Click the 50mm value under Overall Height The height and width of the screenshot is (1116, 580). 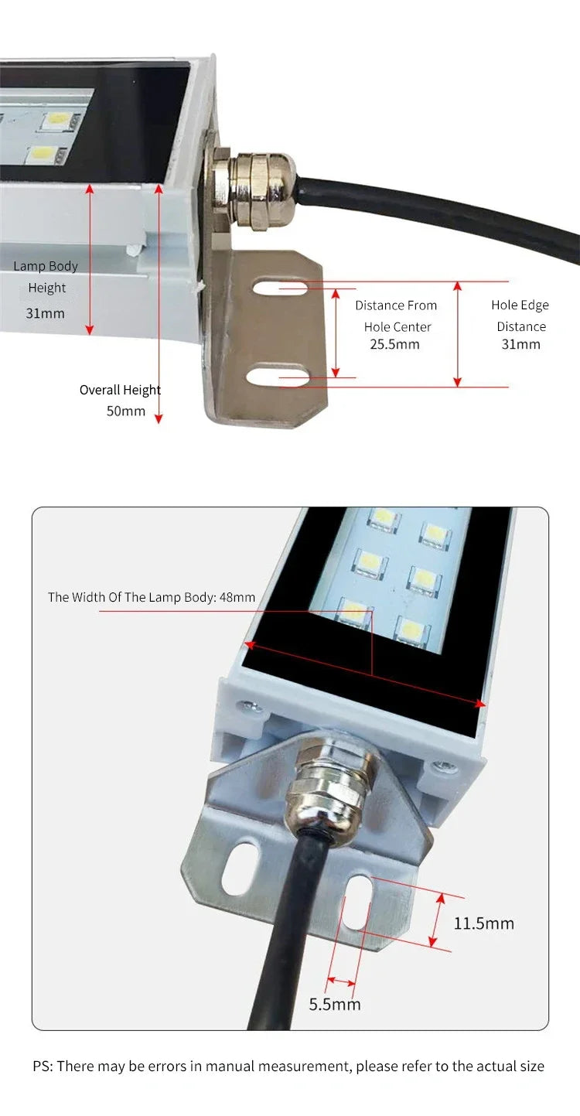[125, 411]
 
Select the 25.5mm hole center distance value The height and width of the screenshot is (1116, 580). [394, 344]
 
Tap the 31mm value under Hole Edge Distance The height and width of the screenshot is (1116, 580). [520, 344]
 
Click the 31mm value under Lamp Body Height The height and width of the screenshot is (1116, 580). [46, 313]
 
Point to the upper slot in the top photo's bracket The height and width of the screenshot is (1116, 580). [280, 288]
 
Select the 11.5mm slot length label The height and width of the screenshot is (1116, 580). [483, 923]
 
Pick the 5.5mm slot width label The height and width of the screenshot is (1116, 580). [335, 1005]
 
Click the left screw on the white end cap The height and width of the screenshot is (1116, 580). [247, 706]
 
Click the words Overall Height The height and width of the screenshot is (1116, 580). [120, 390]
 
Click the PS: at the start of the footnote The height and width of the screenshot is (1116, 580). [43, 1067]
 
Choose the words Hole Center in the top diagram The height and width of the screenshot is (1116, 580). [397, 327]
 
